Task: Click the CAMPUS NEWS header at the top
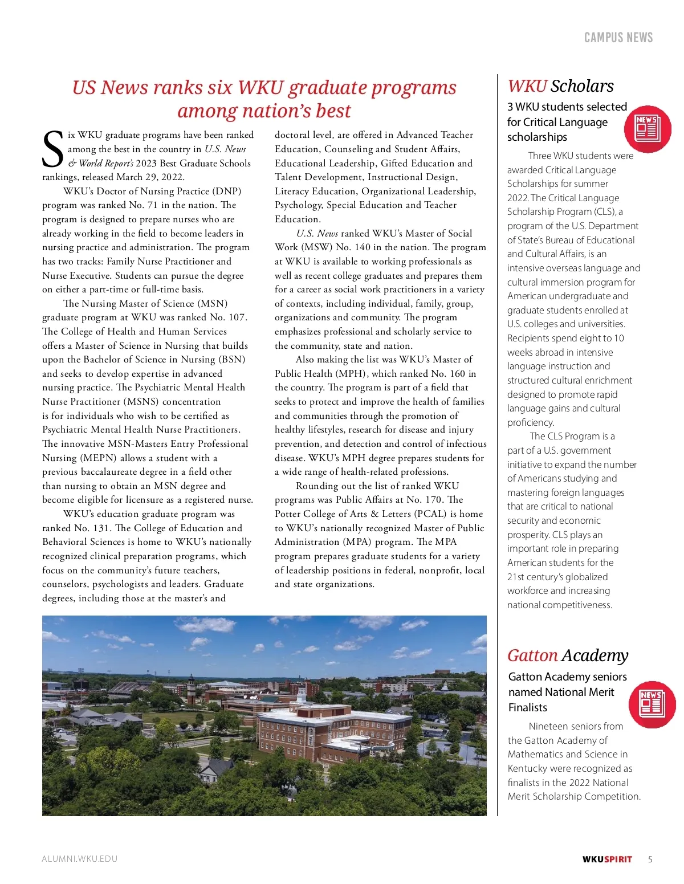coord(618,38)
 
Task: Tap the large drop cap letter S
coord(53,149)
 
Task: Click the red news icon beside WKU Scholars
coord(648,129)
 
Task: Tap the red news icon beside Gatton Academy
coord(652,704)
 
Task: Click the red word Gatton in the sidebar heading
coord(532,655)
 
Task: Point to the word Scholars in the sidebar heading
coord(582,86)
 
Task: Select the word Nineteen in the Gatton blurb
coord(547,726)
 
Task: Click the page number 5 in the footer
coord(650,859)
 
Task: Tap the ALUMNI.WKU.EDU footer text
coord(80,859)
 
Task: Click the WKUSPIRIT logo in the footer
coord(607,859)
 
